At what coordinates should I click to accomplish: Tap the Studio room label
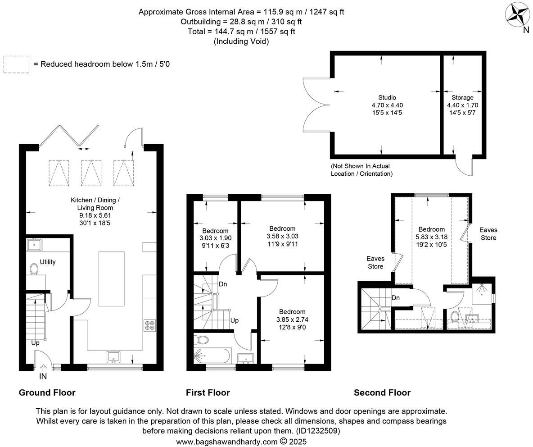click(x=387, y=97)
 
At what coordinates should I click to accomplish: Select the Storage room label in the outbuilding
click(x=462, y=97)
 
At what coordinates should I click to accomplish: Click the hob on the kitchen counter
click(x=149, y=325)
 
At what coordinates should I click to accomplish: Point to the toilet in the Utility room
click(x=34, y=269)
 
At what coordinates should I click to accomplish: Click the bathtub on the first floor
click(x=212, y=356)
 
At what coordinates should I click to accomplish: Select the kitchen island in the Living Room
click(x=111, y=278)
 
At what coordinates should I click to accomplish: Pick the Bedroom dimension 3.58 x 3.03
click(x=282, y=236)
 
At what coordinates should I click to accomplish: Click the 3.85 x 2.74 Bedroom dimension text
click(x=292, y=319)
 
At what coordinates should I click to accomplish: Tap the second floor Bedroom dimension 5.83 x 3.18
click(x=431, y=237)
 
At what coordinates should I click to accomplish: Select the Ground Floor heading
click(x=47, y=392)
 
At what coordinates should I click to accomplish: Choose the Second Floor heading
click(x=382, y=392)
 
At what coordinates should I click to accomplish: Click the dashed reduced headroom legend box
click(x=16, y=64)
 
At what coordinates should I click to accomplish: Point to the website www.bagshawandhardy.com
click(x=226, y=442)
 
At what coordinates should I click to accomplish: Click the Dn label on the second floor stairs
click(x=396, y=298)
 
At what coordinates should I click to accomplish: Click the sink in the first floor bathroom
click(x=246, y=358)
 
